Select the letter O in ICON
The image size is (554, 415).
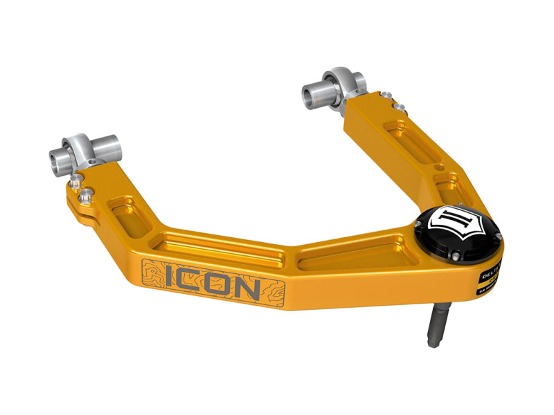(221, 284)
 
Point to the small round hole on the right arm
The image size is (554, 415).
(437, 167)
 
